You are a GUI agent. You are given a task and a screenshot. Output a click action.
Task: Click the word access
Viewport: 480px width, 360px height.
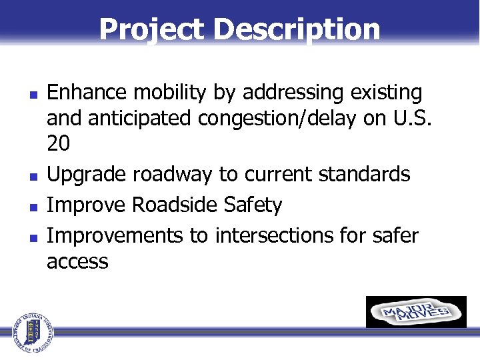point(77,261)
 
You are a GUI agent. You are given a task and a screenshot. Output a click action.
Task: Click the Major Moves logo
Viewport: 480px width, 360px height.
point(416,312)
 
